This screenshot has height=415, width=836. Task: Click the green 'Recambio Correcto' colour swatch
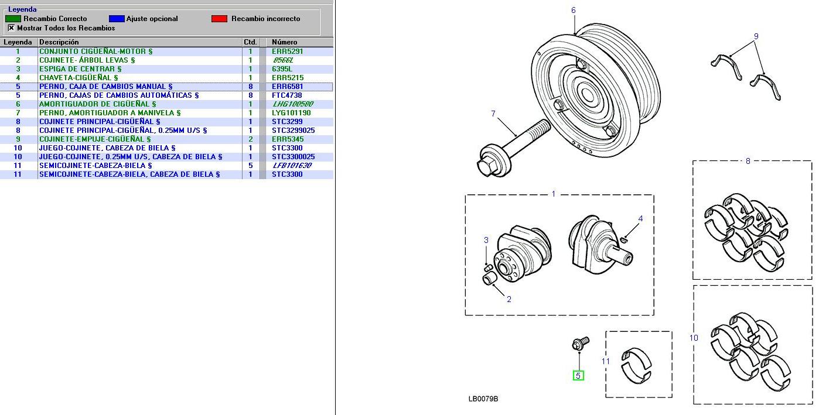click(x=13, y=19)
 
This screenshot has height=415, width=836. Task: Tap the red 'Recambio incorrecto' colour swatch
click(x=219, y=19)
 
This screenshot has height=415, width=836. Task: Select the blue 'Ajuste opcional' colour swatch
click(x=117, y=19)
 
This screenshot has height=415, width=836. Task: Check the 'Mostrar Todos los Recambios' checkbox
click(x=11, y=28)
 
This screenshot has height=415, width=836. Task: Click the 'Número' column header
click(x=285, y=42)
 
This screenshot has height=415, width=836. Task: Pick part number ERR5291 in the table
click(x=287, y=52)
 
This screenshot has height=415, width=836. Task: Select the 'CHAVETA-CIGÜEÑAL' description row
click(x=79, y=78)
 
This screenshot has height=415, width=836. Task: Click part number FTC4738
click(x=286, y=95)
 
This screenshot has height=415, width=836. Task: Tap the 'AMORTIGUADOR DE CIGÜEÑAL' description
click(x=97, y=104)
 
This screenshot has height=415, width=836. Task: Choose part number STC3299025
click(x=293, y=131)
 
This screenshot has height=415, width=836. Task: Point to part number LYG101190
click(x=291, y=113)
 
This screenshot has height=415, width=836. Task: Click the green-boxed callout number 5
click(x=578, y=375)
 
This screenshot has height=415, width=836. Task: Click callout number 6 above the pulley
click(x=573, y=10)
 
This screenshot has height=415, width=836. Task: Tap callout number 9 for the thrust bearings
click(x=756, y=36)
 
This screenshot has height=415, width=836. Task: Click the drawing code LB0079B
click(x=483, y=399)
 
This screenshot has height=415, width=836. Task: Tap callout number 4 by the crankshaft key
click(x=640, y=219)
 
